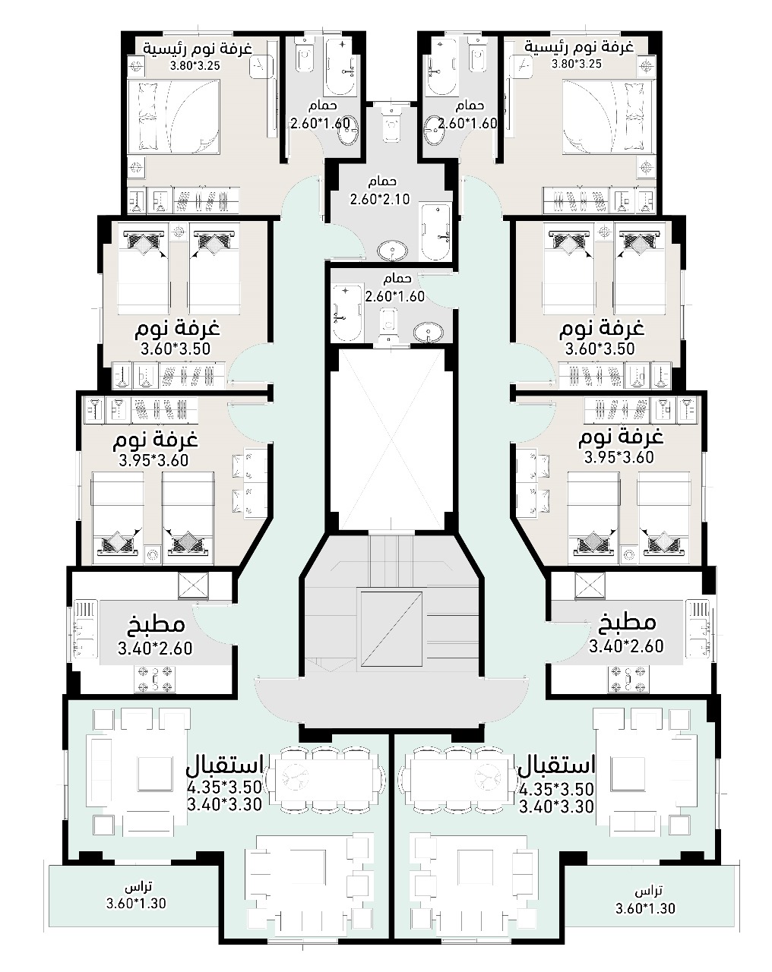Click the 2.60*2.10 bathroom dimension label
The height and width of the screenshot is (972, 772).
380,199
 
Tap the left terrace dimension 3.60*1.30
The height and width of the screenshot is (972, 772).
136,903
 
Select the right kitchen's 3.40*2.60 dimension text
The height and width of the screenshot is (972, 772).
626,646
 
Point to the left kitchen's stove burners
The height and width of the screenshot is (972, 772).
154,679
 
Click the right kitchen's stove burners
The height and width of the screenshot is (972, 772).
628,680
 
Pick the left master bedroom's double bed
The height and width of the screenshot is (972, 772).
174,118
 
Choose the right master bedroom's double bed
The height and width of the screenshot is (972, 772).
609,118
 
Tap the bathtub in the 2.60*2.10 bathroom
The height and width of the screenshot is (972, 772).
435,232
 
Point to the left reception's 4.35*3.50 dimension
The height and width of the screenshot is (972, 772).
225,787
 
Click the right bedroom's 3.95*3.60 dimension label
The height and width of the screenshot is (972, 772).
619,457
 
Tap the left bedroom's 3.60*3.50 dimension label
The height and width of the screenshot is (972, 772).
176,349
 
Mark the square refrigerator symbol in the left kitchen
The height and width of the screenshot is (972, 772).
194,585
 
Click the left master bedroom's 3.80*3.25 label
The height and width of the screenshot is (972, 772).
195,65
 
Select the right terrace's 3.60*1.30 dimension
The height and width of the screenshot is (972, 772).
645,908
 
